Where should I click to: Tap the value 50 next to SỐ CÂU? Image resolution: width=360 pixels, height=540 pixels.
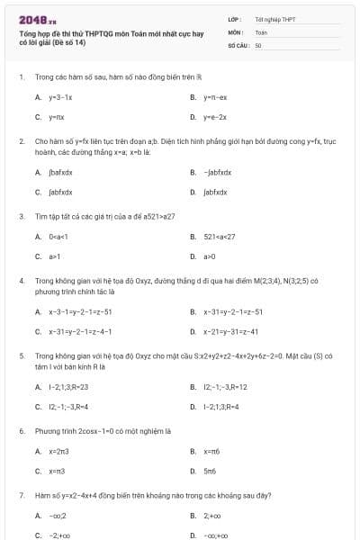click(258, 43)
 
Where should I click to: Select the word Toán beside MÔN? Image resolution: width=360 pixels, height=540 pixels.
click(261, 31)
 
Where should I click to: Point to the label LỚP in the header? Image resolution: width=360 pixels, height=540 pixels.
click(235, 18)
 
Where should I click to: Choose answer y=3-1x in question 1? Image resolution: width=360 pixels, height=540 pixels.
click(60, 96)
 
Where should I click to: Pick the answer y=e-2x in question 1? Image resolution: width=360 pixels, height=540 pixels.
click(215, 117)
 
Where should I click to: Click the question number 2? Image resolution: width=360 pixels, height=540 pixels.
click(21, 141)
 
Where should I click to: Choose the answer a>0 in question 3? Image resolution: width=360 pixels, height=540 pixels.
click(210, 256)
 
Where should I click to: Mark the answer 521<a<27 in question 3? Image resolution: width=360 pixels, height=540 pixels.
click(219, 237)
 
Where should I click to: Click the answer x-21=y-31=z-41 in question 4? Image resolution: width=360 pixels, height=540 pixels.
click(233, 331)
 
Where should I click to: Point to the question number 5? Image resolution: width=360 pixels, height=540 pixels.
click(21, 355)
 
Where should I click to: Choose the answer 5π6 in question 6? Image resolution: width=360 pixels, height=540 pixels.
click(210, 471)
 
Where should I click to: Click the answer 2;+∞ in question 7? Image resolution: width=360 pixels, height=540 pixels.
click(212, 516)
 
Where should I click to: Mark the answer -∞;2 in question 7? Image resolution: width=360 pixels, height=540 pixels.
click(57, 516)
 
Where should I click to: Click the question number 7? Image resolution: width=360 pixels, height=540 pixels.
click(21, 495)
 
